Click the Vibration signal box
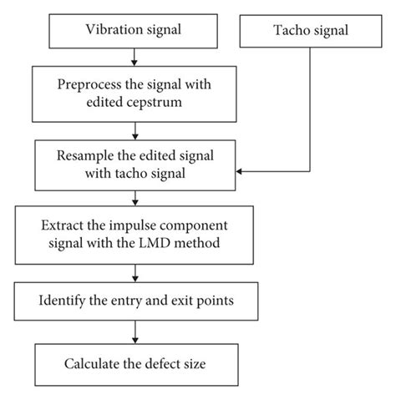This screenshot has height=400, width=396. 134,31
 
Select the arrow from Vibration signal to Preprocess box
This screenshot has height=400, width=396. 134,57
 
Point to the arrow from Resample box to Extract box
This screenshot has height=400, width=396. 134,199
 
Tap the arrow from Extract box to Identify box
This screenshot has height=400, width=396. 134,271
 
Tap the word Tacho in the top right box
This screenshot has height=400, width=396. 289,31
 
